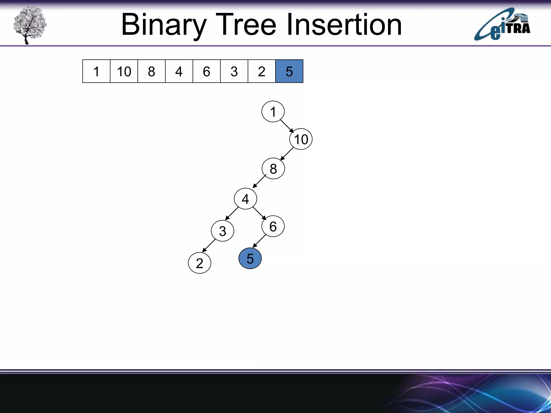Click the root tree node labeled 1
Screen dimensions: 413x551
pyautogui.click(x=273, y=112)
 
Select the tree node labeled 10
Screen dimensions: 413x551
pyautogui.click(x=301, y=139)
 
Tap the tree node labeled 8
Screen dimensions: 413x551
pyautogui.click(x=273, y=169)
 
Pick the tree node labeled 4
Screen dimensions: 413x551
pyautogui.click(x=245, y=199)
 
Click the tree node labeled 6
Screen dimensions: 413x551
pyautogui.click(x=273, y=226)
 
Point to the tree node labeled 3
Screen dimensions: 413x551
pyautogui.click(x=222, y=231)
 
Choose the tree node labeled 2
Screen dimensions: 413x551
pyautogui.click(x=199, y=263)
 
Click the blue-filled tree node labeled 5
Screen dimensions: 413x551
pyautogui.click(x=250, y=258)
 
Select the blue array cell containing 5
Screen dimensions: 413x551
pyautogui.click(x=289, y=71)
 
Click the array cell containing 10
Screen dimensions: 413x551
pyautogui.click(x=124, y=71)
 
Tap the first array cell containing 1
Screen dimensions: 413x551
pyautogui.click(x=96, y=71)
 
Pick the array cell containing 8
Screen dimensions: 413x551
pyautogui.click(x=151, y=71)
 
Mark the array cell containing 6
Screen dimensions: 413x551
pyautogui.click(x=206, y=71)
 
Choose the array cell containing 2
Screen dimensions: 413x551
pyautogui.click(x=262, y=71)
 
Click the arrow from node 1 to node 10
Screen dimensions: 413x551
pyautogui.click(x=287, y=126)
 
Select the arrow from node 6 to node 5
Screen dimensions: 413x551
pyautogui.click(x=259, y=241)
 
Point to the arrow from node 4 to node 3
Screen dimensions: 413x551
pyautogui.click(x=232, y=213)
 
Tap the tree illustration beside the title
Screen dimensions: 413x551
pyautogui.click(x=30, y=25)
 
